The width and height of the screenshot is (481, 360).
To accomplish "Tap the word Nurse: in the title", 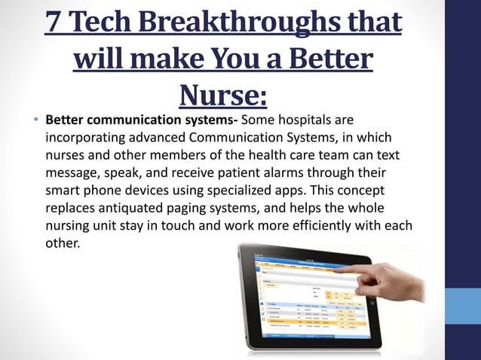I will pyautogui.click(x=223, y=94).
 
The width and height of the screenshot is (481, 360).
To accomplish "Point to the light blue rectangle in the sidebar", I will pyautogui.click(x=462, y=306).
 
